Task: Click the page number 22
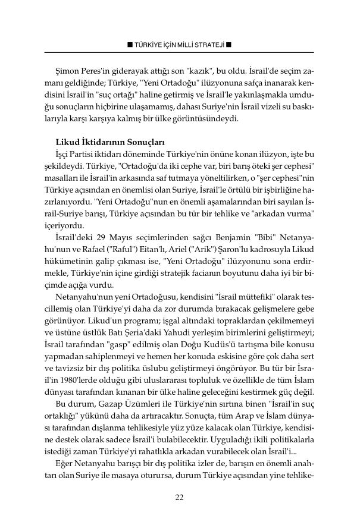[179, 498]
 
